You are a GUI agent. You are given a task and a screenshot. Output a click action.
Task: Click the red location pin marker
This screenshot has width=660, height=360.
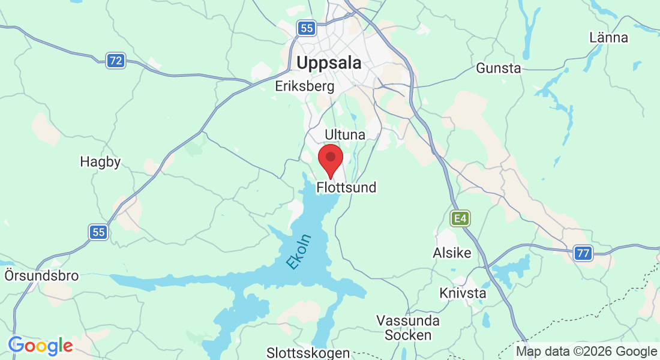point(330,160)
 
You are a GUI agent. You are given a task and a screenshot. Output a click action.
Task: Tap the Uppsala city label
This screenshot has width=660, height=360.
point(329,62)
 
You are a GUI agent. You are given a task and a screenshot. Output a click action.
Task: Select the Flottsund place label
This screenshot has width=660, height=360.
point(346,188)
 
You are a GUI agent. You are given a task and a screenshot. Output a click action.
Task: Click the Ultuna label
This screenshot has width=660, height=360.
point(344,134)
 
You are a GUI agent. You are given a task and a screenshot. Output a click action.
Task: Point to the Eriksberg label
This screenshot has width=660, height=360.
point(304,86)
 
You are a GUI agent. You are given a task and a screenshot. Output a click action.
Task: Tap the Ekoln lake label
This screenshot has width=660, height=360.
point(299,251)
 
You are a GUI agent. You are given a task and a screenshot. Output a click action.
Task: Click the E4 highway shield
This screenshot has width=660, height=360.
point(460,218)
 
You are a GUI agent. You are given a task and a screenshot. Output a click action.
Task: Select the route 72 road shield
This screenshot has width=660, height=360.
point(116,60)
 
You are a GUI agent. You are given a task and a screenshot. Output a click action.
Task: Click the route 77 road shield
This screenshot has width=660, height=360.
point(583,253)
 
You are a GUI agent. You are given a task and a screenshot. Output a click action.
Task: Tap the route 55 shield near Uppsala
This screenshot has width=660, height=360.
point(307,28)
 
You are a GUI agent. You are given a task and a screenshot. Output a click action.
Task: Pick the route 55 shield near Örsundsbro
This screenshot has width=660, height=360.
point(99,232)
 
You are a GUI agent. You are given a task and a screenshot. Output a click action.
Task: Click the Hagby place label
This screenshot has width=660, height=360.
point(100,162)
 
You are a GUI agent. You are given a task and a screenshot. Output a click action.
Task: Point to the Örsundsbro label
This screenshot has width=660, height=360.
point(41,276)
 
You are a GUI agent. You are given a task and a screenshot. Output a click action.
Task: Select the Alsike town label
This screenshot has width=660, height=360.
point(452,253)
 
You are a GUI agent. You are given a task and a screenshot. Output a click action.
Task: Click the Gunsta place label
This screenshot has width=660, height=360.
point(499,68)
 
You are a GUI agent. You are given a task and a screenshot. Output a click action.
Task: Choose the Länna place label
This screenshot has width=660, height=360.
point(608,38)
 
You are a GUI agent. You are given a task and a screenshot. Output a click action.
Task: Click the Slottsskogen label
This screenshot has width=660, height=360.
point(308,352)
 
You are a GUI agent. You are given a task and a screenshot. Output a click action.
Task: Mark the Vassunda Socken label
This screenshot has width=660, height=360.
point(407,328)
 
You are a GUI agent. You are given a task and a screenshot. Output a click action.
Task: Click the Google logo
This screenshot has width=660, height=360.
point(40,346)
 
